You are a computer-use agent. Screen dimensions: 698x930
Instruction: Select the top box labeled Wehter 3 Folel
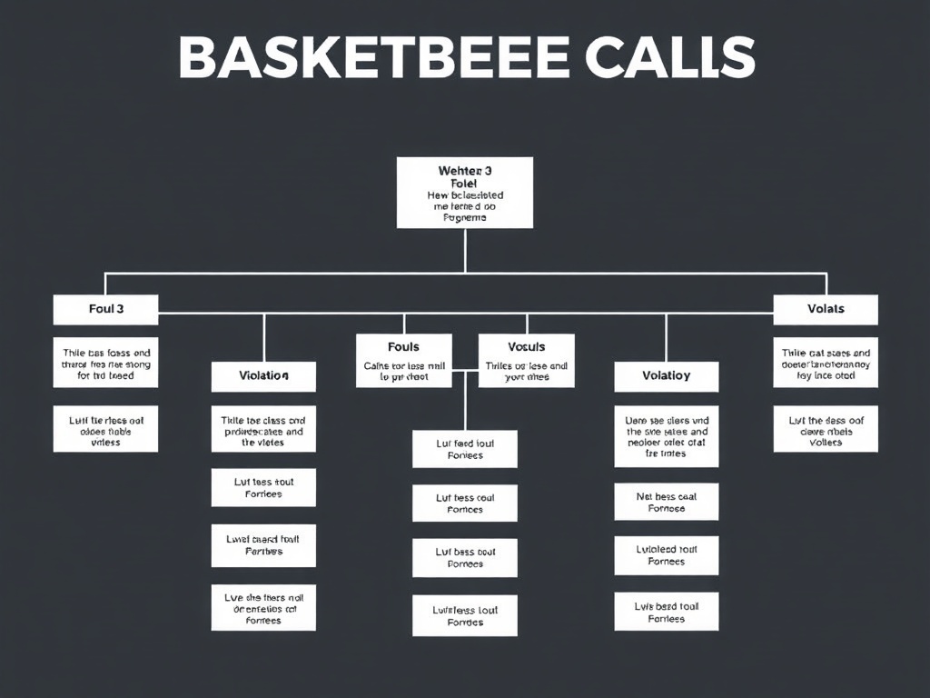(464, 193)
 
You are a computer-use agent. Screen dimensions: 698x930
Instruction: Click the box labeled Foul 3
(105, 309)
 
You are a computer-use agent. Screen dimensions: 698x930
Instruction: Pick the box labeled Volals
(826, 309)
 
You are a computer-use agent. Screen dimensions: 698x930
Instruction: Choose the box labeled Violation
(263, 375)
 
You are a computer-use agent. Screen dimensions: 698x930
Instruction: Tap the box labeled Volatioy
(666, 375)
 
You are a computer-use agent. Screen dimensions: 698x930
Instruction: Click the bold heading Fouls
(403, 347)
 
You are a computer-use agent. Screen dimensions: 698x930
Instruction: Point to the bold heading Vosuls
(526, 347)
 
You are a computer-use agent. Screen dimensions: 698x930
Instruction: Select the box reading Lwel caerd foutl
(263, 545)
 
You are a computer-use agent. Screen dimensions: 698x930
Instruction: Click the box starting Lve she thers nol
(263, 607)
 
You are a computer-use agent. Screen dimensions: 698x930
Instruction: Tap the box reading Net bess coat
(666, 503)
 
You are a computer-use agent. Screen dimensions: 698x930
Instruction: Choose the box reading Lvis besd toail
(666, 612)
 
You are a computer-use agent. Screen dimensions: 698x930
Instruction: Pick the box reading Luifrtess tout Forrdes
(464, 616)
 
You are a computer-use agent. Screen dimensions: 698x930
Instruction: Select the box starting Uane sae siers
(666, 435)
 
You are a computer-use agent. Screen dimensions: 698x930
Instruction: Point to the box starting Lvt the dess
(826, 428)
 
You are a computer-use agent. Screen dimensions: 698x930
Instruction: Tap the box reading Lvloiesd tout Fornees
(666, 555)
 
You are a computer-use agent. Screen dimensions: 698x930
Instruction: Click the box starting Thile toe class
(263, 432)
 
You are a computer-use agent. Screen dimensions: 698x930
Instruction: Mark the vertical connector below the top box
(465, 250)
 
